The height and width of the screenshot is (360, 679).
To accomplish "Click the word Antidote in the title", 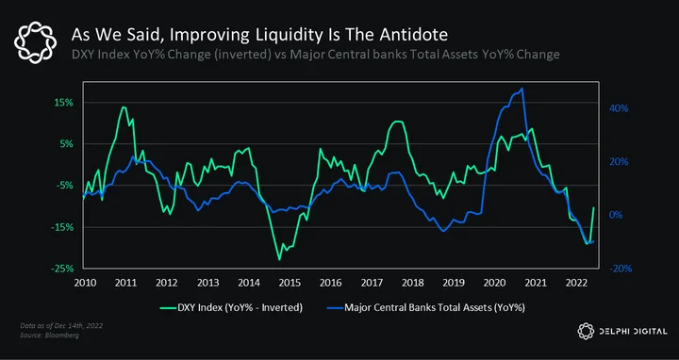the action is click(414, 35).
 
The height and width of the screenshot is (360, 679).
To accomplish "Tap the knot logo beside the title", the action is click(35, 42).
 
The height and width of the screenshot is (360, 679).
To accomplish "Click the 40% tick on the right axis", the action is click(619, 108).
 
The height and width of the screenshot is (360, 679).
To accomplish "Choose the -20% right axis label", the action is click(621, 269).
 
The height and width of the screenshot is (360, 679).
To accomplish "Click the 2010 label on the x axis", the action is click(85, 283).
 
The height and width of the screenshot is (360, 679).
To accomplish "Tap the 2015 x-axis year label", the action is click(290, 283).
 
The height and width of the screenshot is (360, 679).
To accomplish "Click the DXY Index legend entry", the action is click(231, 308).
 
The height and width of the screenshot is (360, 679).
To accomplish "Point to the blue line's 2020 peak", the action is click(522, 89).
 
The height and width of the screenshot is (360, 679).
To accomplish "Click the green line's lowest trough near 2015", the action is click(279, 259).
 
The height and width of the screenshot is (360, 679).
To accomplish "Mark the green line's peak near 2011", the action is click(124, 106).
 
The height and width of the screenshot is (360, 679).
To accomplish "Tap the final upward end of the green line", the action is click(593, 207).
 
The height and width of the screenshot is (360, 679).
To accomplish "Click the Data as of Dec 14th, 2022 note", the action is click(61, 326).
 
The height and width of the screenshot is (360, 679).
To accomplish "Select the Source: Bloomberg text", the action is click(49, 335).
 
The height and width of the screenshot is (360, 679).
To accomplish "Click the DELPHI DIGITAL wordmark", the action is click(633, 332).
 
